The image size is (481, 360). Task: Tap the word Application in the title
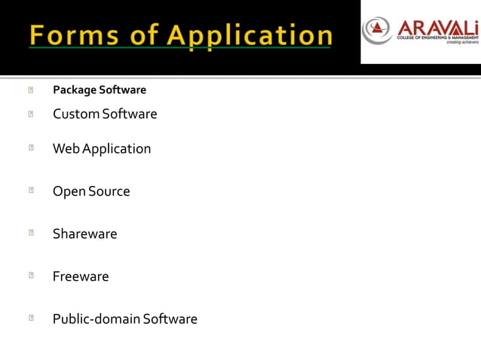coord(250,35)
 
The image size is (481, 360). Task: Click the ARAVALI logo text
coord(437,25)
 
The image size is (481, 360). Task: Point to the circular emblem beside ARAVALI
coord(377,30)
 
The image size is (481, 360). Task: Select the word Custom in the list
coord(76,114)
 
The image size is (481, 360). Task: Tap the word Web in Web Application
coord(66,149)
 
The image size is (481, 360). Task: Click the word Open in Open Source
coord(69,192)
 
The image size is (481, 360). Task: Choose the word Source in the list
coord(109,192)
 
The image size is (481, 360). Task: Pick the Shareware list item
coord(84,234)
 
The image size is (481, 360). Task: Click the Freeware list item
coord(80,277)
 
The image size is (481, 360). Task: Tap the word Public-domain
coord(96,319)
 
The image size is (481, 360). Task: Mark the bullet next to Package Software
coord(30,90)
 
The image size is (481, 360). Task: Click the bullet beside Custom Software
coord(30,114)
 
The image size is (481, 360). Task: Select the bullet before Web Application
coord(30,148)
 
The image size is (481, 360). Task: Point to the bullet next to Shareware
coord(30,233)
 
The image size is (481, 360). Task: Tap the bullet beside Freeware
coord(30,276)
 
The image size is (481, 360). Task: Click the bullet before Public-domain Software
coord(30,319)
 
